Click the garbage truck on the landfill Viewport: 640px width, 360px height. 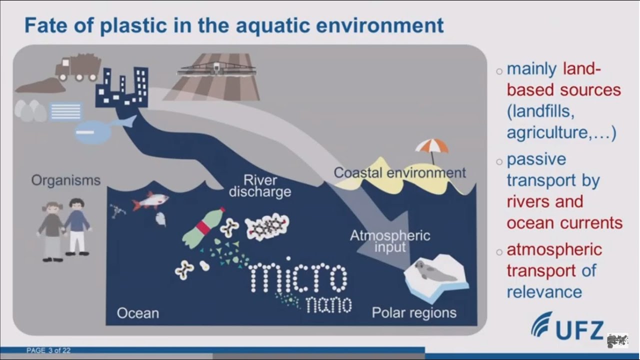pos(77,67)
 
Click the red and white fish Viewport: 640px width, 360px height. pos(150,201)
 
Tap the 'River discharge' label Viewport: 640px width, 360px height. pos(260,185)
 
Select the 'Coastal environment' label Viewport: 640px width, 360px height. pos(399,173)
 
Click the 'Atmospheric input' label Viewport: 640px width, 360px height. pos(389,241)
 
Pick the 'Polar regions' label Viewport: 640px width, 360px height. pos(414,313)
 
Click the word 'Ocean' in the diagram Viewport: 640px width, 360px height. pos(137,313)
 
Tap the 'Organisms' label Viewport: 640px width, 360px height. pos(65,180)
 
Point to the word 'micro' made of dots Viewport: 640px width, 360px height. pos(297,276)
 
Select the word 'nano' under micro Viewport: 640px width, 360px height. pos(328,304)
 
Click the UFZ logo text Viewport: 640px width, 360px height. pos(580,330)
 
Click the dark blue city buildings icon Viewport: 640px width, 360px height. pos(122,87)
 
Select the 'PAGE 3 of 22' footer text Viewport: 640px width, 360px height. pos(48,350)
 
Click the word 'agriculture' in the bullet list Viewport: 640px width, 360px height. pos(550,133)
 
